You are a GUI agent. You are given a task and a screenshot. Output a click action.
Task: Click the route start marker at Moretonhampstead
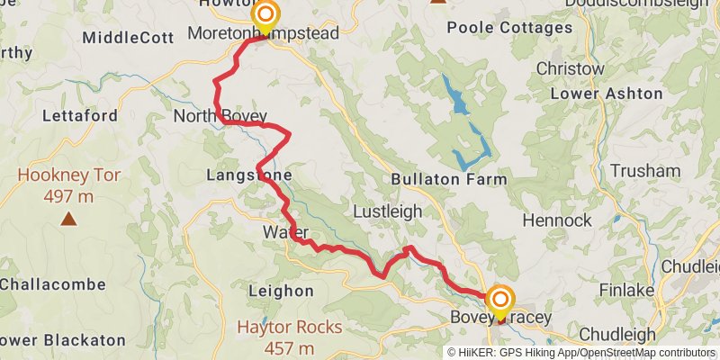click(x=265, y=15)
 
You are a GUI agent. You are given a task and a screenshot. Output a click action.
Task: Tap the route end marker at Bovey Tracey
click(x=499, y=298)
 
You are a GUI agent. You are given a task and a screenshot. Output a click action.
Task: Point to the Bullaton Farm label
click(x=449, y=179)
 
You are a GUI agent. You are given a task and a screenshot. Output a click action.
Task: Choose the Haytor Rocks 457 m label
click(x=289, y=337)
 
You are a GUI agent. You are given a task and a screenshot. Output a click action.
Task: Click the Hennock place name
click(x=557, y=220)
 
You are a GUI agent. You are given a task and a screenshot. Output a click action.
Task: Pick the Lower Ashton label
click(x=606, y=94)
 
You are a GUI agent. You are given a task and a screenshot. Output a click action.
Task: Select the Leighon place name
click(x=281, y=291)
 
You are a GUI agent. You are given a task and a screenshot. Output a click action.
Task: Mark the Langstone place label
click(x=248, y=175)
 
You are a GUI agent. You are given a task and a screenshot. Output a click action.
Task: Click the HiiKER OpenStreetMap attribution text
click(x=581, y=353)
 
